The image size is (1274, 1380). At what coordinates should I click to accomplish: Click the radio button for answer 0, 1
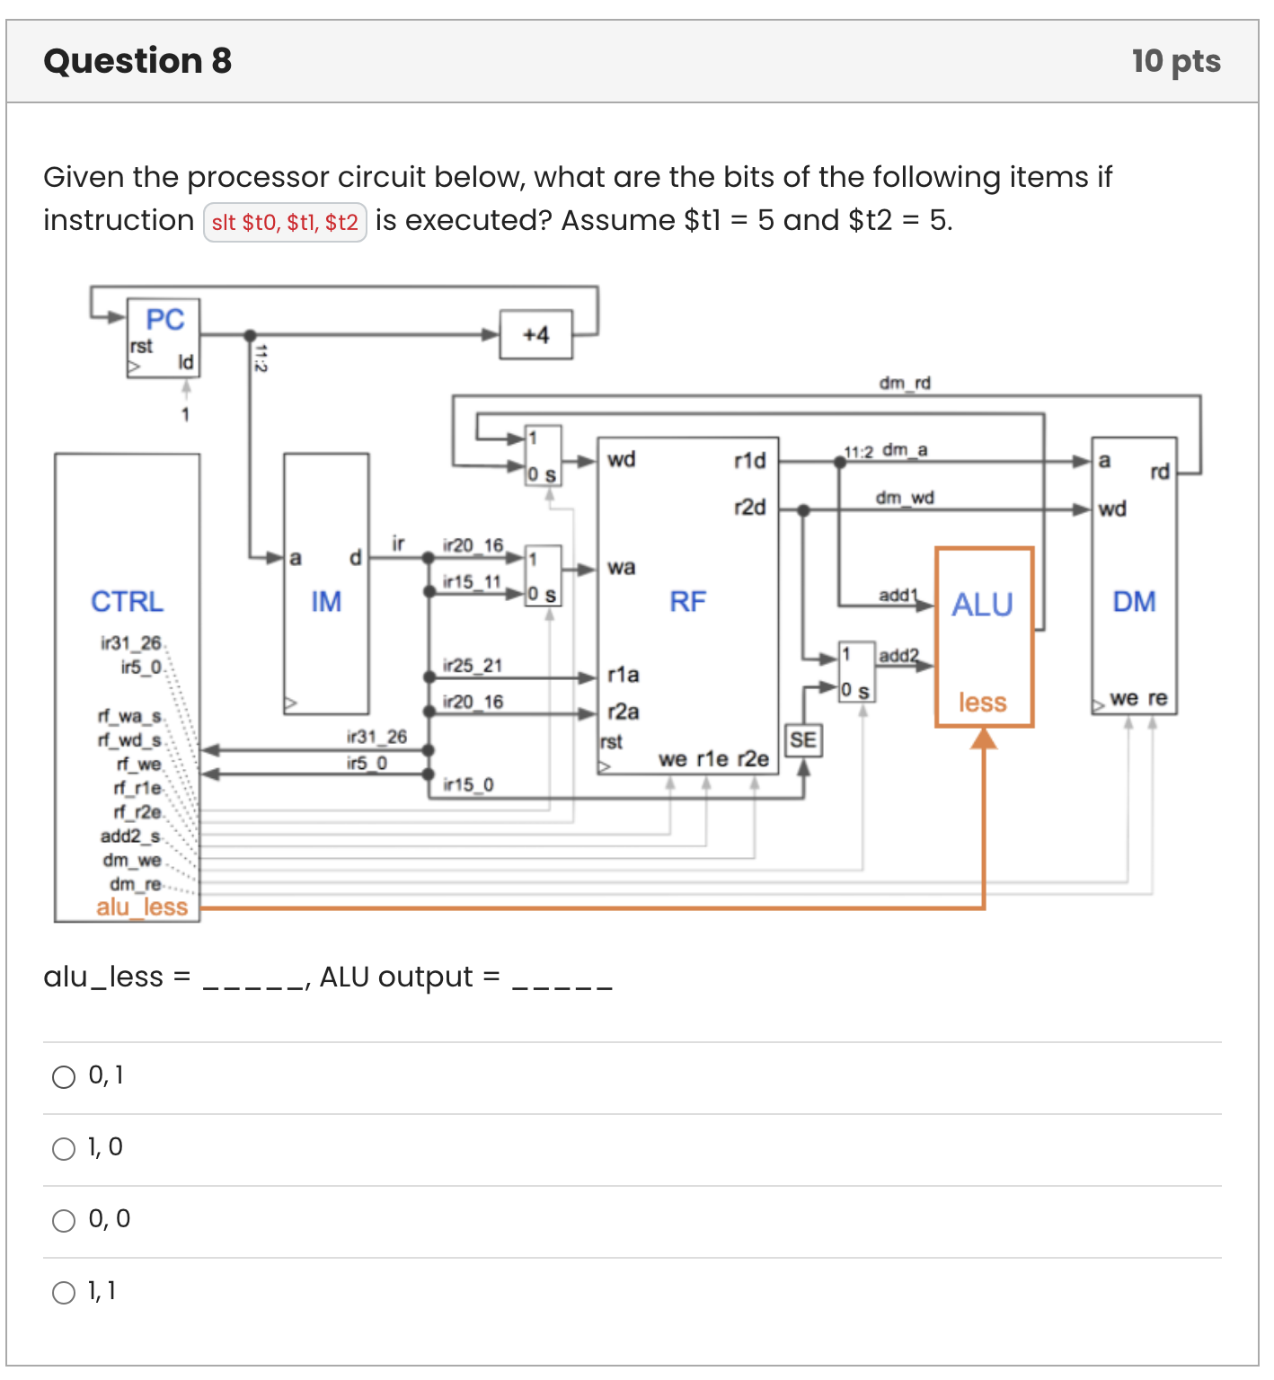tap(64, 1077)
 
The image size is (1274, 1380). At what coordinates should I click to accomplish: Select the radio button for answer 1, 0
tap(64, 1149)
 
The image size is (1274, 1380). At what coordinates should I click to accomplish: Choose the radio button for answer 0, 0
tap(64, 1221)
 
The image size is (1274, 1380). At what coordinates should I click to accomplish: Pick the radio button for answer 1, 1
tap(64, 1293)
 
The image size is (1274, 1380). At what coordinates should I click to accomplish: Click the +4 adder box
tap(535, 335)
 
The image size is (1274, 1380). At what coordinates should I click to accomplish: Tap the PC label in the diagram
tap(164, 320)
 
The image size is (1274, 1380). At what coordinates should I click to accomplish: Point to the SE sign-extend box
tap(803, 740)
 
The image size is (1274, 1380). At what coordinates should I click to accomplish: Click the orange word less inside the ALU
tap(982, 703)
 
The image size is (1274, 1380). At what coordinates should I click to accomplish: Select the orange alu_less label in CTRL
tap(142, 907)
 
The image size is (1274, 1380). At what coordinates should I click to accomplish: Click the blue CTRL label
tap(127, 602)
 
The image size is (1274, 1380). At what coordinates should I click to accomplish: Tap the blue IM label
tap(326, 602)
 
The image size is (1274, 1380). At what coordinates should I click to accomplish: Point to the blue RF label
tap(687, 602)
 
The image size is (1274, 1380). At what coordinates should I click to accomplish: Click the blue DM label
tap(1134, 602)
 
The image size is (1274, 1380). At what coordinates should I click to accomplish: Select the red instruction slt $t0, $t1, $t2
tap(285, 223)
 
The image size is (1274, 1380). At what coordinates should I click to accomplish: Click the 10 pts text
tap(1176, 61)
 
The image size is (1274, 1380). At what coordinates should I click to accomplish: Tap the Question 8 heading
tap(137, 61)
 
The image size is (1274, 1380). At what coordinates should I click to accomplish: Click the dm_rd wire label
tap(905, 384)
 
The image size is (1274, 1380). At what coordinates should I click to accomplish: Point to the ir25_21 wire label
tap(473, 666)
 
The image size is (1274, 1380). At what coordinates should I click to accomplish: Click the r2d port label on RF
tap(750, 508)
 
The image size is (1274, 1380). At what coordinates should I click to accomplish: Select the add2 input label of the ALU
tap(898, 656)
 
